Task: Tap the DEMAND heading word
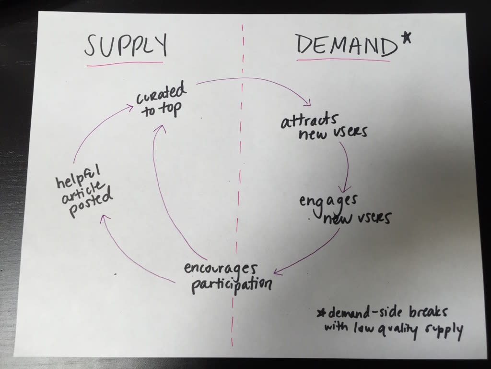click(346, 45)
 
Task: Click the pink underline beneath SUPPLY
click(125, 64)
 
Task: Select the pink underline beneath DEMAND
click(343, 59)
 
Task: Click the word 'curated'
click(161, 93)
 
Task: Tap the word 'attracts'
click(309, 120)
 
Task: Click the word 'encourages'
click(221, 269)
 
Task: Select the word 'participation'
click(232, 284)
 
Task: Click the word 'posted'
click(91, 204)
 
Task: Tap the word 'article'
click(82, 191)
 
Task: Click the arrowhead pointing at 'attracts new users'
click(307, 102)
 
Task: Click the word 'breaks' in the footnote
click(428, 312)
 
